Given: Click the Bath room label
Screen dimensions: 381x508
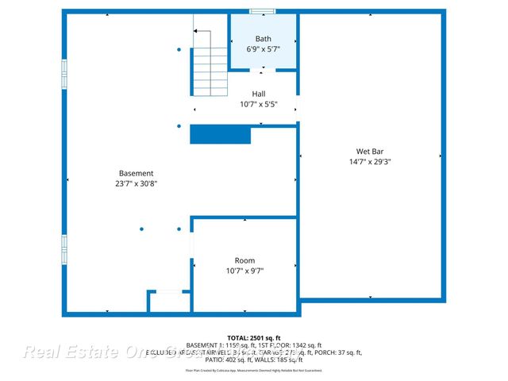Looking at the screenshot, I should (264, 39).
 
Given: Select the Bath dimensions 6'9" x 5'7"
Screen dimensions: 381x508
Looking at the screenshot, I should (264, 49).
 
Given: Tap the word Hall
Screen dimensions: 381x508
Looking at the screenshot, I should (259, 94).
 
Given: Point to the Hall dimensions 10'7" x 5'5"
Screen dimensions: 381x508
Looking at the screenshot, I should (259, 104).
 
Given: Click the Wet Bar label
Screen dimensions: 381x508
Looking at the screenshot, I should (370, 151).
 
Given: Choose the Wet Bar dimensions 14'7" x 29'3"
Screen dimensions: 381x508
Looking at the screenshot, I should (370, 161).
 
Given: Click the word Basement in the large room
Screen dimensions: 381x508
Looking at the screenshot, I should (136, 173).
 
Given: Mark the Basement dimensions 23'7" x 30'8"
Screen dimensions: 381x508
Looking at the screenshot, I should (136, 183).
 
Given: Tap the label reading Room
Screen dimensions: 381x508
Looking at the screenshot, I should (244, 260).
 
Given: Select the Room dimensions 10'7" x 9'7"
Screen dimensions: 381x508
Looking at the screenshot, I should (244, 271).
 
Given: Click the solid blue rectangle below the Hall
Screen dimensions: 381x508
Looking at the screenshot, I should (220, 135).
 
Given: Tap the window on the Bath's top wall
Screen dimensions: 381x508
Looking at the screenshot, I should (263, 11).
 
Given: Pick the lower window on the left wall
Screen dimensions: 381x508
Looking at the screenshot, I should (64, 248).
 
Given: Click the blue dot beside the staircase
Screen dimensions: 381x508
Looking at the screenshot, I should (179, 50).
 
